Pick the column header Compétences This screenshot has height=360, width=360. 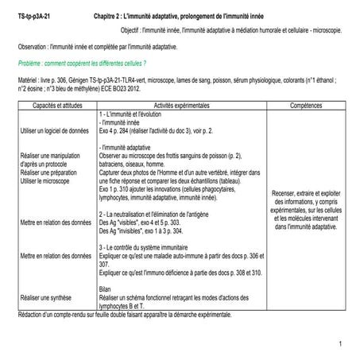click(x=305, y=106)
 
